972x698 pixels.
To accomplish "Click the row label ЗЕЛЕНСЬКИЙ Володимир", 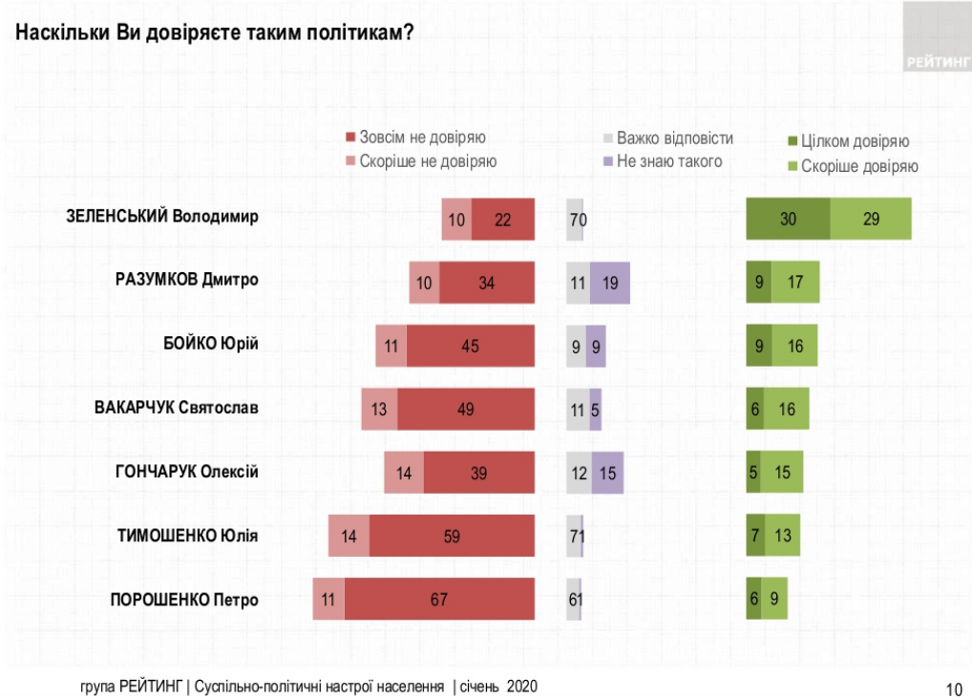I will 162,217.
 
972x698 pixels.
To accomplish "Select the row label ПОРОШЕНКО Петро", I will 184,601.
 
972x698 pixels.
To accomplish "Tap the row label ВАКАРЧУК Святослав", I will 177,409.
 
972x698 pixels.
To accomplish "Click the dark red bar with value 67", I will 439,601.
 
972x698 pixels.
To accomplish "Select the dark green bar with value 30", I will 788,219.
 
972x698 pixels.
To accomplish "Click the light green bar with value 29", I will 871,219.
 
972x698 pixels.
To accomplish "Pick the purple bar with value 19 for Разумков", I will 610,283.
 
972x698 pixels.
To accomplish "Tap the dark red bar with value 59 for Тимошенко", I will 452,537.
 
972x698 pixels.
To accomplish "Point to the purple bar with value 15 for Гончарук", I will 607,473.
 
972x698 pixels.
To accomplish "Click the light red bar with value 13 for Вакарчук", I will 379,410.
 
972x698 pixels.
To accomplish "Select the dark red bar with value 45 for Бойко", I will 470,347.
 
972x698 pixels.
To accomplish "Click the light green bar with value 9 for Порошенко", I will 774,601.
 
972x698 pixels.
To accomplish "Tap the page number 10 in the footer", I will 953,688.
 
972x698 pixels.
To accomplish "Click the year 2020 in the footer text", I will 522,687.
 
